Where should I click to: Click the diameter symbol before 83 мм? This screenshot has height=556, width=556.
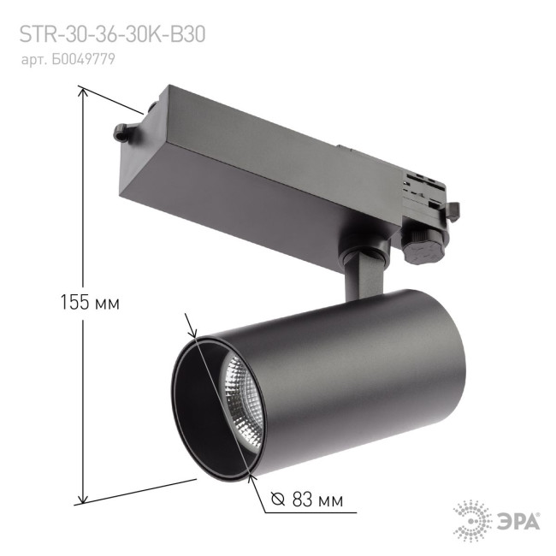pos(276,500)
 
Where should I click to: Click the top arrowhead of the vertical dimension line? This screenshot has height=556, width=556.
pos(82,92)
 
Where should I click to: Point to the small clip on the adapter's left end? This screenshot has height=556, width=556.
pos(121,133)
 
